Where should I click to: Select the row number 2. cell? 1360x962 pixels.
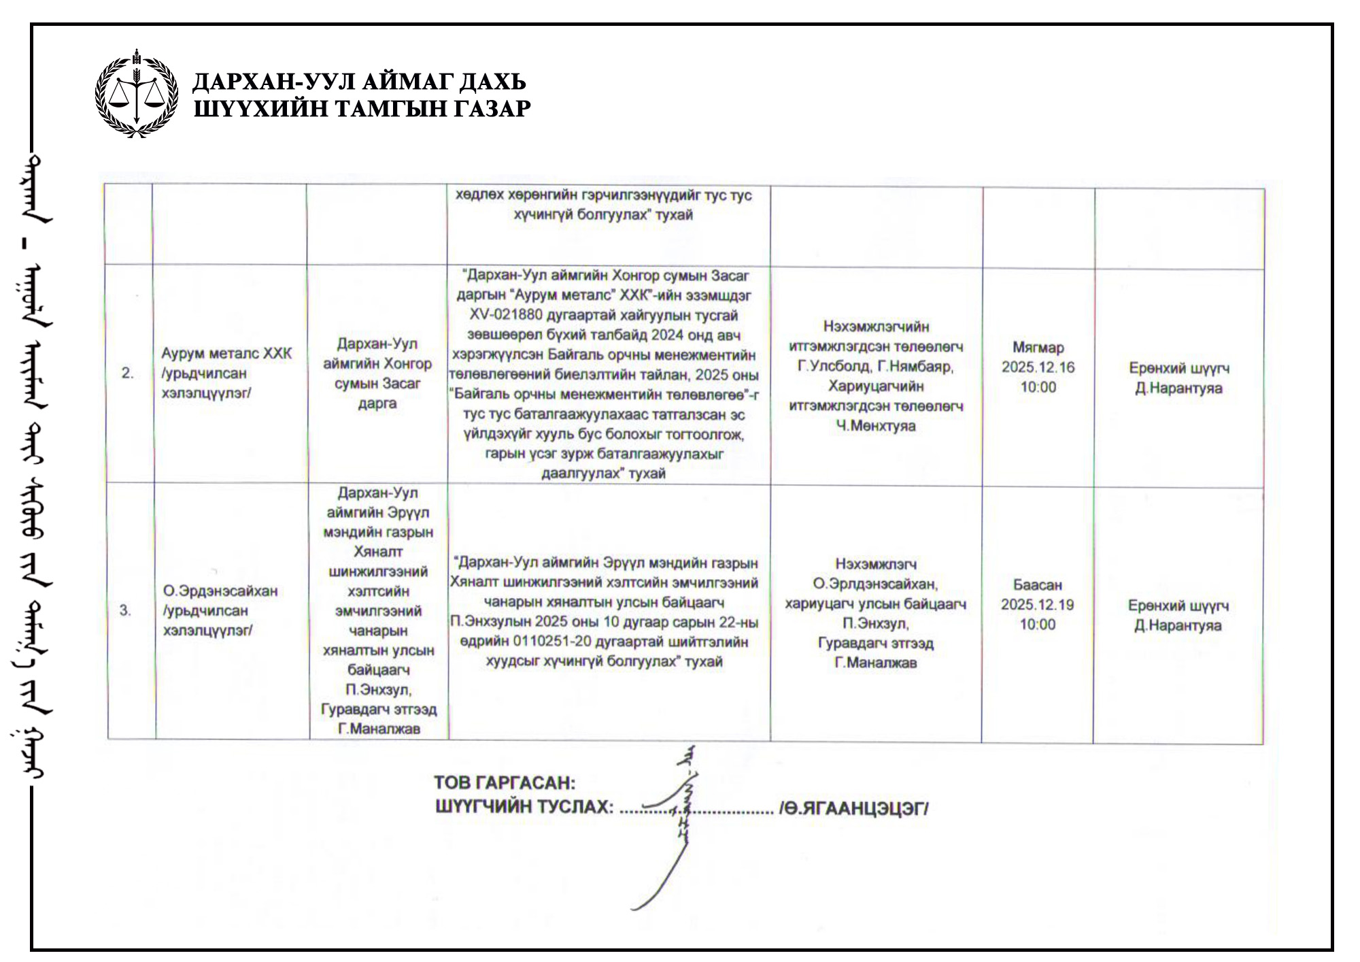pos(128,373)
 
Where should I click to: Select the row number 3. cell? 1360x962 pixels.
pos(126,610)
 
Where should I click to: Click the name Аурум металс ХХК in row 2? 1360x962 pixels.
pos(226,354)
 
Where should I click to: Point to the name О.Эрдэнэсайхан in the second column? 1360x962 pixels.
pos(220,591)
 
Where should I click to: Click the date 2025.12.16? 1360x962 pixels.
pos(1038,367)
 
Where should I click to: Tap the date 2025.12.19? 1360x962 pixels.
pos(1037,605)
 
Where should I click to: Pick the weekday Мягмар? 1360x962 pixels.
pos(1038,348)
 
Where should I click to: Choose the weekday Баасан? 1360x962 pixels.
pos(1037,585)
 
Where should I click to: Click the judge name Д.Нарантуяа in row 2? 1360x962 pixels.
pos(1178,388)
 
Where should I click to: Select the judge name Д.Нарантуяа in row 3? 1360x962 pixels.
pos(1178,625)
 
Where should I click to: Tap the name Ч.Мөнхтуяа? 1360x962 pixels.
pos(876,426)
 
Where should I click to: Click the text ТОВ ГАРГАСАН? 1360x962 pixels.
pos(505,783)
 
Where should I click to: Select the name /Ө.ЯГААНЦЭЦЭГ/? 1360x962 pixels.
pos(854,808)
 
